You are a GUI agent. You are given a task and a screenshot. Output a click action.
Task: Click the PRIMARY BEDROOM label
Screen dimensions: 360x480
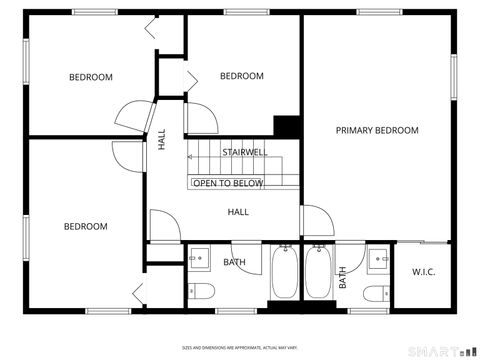(x=377, y=130)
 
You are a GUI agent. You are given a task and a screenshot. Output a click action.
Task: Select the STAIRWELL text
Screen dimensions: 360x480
(x=244, y=153)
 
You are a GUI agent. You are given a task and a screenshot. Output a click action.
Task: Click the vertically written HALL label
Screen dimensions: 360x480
(x=162, y=141)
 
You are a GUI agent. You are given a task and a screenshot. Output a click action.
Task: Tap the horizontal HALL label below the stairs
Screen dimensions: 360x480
(x=238, y=212)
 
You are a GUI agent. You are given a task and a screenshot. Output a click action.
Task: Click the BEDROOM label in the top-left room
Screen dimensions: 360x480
(x=90, y=77)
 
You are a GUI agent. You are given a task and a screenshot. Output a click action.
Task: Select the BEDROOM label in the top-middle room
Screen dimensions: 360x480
(x=241, y=76)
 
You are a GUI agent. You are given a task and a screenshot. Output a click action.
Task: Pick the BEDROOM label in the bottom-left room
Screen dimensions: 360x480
(x=85, y=226)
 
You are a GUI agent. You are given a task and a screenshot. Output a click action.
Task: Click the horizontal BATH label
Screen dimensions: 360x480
(x=234, y=263)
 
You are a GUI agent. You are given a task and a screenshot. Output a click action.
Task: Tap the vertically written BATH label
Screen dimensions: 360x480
(x=342, y=276)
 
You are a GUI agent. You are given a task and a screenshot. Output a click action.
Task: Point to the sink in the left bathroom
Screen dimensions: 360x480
(x=199, y=257)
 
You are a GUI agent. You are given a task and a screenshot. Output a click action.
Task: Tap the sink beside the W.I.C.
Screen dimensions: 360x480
(x=378, y=257)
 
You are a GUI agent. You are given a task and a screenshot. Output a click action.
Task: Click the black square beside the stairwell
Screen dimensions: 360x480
(x=288, y=126)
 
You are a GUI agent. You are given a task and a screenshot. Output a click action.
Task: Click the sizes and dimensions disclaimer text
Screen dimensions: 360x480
(x=240, y=347)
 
